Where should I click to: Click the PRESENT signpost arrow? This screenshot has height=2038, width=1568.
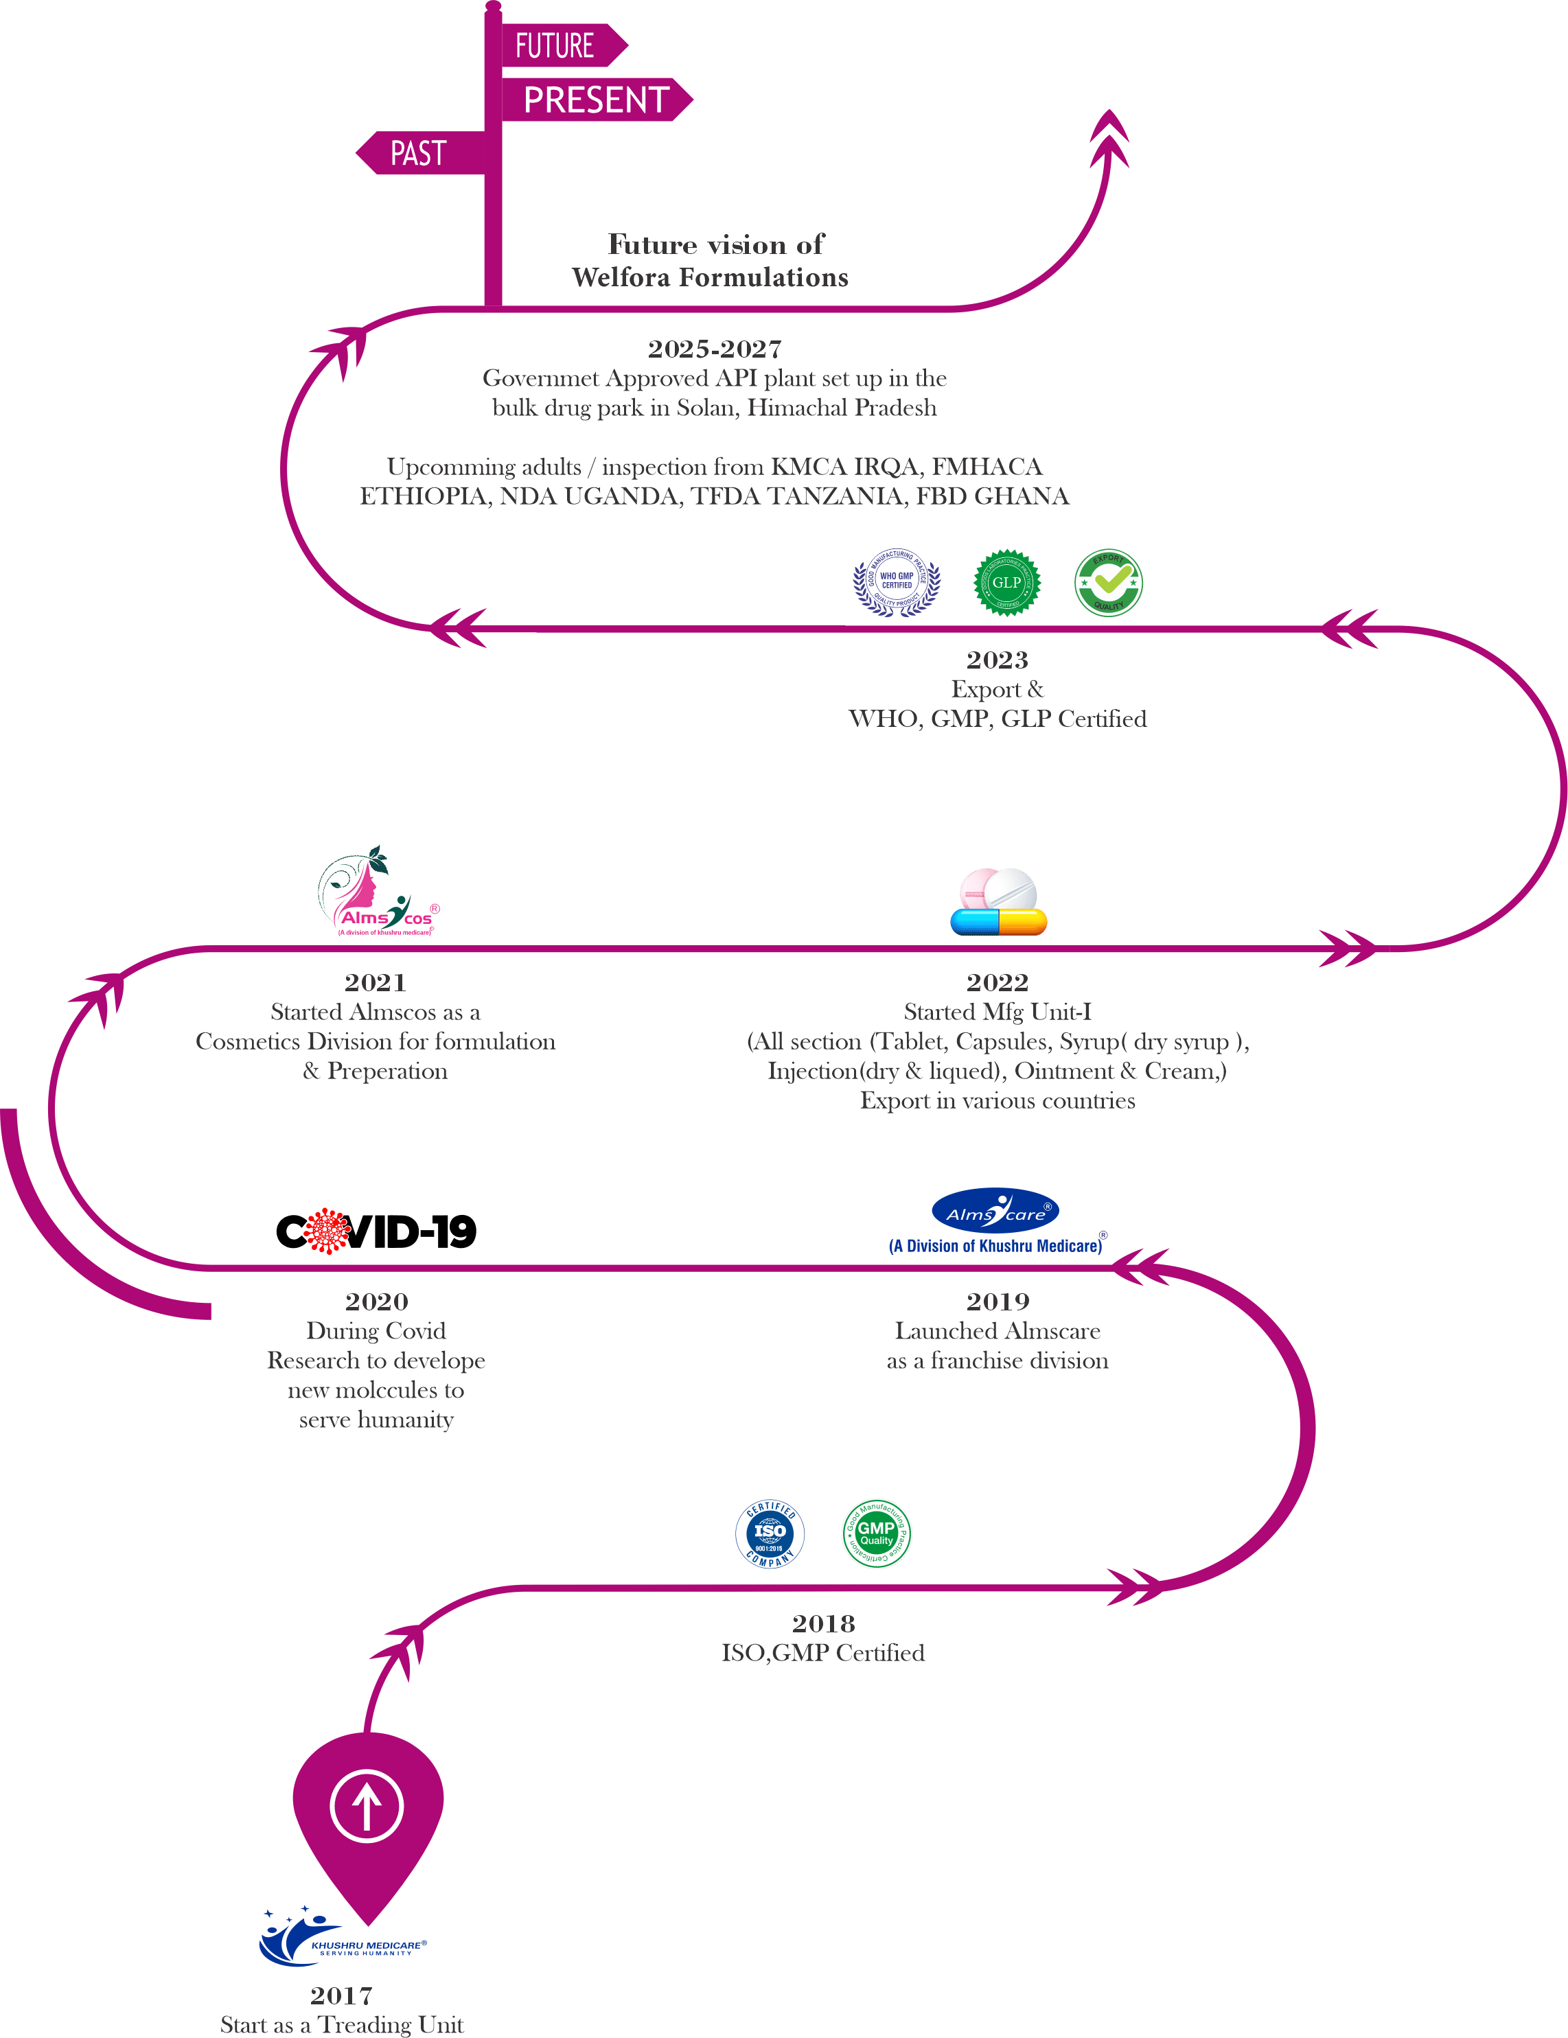point(595,100)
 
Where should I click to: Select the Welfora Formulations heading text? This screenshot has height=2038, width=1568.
point(715,278)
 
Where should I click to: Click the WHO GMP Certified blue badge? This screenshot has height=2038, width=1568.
point(896,582)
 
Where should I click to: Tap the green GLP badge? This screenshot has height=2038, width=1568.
point(1006,582)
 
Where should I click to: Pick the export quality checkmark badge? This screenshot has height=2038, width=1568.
point(1108,582)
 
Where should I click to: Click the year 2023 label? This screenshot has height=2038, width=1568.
point(997,660)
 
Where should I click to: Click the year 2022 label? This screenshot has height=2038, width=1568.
point(997,982)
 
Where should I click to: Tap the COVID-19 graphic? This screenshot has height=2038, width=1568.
point(376,1231)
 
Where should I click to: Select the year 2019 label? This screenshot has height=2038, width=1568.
point(997,1301)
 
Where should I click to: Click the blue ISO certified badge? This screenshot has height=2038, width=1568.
point(770,1534)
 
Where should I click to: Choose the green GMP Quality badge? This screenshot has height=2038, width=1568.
point(877,1534)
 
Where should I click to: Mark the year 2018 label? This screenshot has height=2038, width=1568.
point(823,1623)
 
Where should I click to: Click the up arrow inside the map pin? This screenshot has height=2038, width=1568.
point(367,1806)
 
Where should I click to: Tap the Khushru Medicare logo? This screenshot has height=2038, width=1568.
point(340,1938)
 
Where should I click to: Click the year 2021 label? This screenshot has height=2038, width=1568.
point(376,982)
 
